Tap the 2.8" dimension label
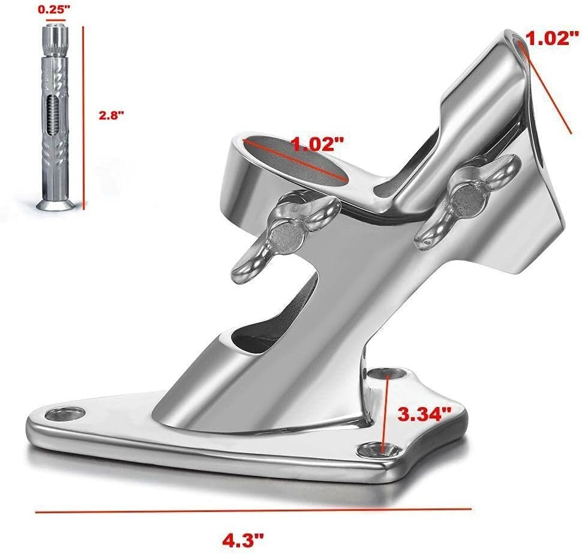pyautogui.click(x=112, y=115)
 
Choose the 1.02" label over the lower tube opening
pyautogui.click(x=317, y=144)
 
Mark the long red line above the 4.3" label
pyautogui.click(x=252, y=511)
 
